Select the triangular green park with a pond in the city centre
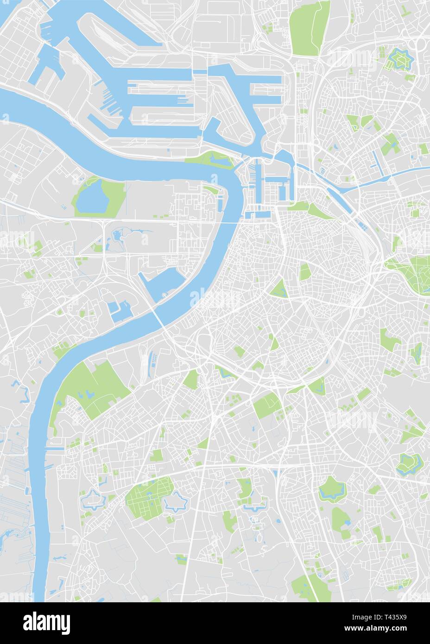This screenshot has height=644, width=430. (279, 290)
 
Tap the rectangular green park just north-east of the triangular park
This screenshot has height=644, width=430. (305, 272)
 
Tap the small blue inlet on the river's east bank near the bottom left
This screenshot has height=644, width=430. (55, 448)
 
